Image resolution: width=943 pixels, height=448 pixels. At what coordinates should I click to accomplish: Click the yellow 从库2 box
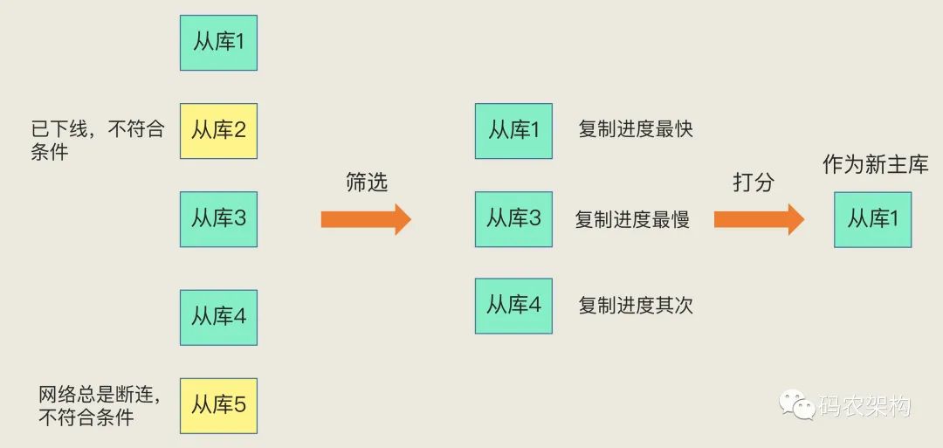click(218, 131)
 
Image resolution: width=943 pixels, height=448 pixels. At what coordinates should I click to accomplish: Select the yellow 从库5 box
click(218, 406)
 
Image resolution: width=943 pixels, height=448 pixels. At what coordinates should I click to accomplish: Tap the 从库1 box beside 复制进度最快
click(513, 131)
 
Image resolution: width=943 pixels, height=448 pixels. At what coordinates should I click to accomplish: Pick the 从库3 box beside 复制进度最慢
click(513, 219)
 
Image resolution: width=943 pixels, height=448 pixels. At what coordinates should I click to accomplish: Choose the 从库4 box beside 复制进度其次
click(513, 306)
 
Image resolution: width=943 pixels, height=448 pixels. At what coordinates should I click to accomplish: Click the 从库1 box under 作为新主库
click(872, 219)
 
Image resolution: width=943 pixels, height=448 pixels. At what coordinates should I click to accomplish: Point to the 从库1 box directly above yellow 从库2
click(218, 43)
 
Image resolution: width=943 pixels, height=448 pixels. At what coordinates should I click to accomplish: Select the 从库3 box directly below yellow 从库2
click(218, 219)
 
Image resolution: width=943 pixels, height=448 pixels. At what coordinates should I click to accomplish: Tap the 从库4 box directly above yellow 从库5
click(218, 318)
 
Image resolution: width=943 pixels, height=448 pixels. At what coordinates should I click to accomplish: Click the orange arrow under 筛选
click(366, 219)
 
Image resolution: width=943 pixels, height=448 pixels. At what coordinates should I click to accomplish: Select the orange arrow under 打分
click(759, 219)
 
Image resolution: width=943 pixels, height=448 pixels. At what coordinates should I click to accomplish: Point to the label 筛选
click(367, 183)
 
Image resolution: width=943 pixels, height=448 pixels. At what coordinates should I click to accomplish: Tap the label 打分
click(754, 183)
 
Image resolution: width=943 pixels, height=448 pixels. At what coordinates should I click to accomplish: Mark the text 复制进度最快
click(636, 129)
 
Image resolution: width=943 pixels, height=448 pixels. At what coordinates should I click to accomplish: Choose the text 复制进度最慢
click(632, 219)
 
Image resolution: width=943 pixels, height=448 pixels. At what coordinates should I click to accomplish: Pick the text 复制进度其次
click(636, 306)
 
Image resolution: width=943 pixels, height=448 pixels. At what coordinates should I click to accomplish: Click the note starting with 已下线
click(98, 141)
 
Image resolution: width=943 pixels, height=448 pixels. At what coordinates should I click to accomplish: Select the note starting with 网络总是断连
click(100, 406)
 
